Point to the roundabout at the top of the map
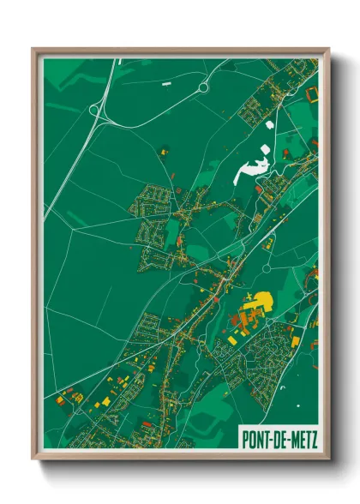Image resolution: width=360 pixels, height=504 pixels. [204, 87]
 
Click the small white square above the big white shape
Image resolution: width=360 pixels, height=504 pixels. [270, 126]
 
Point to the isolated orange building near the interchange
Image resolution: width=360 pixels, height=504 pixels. [163, 151]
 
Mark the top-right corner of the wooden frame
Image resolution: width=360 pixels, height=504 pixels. [328, 50]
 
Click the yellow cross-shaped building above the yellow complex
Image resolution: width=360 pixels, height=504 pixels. [249, 296]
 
